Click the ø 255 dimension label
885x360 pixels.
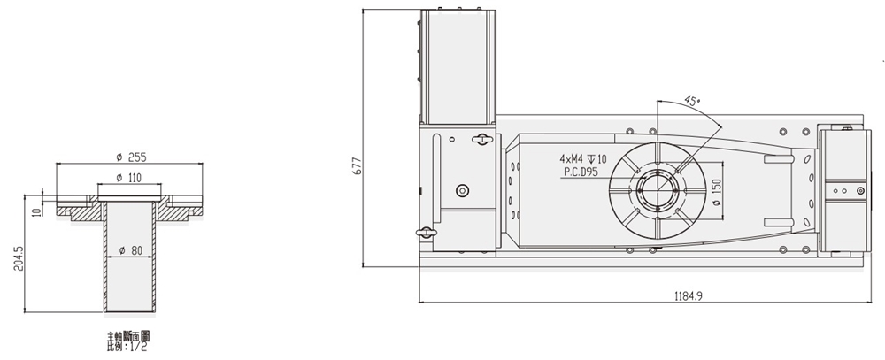(130, 157)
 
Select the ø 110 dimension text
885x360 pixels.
(130, 178)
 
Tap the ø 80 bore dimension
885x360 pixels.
(130, 249)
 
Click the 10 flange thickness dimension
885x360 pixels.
(35, 211)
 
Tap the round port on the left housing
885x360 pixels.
(460, 191)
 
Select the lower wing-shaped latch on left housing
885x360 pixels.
(427, 233)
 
